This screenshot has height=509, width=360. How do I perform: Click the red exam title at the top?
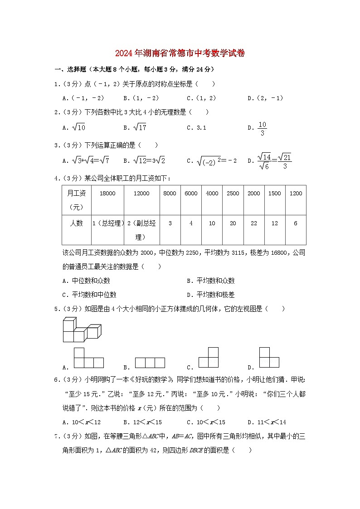point(180,53)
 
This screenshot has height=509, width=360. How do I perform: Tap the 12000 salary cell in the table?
point(141,193)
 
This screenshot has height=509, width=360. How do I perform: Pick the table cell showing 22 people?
point(254,223)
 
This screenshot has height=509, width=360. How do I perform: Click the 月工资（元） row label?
point(77,200)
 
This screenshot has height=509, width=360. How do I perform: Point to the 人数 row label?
point(77,223)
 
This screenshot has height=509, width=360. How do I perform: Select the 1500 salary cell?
point(275,193)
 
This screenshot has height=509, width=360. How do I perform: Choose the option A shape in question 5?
point(89,358)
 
